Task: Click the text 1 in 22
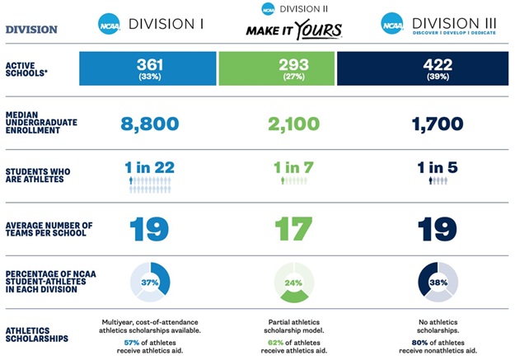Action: [149, 167]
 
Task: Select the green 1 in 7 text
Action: [293, 167]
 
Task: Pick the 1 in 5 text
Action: [437, 167]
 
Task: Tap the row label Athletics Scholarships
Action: [38, 334]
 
